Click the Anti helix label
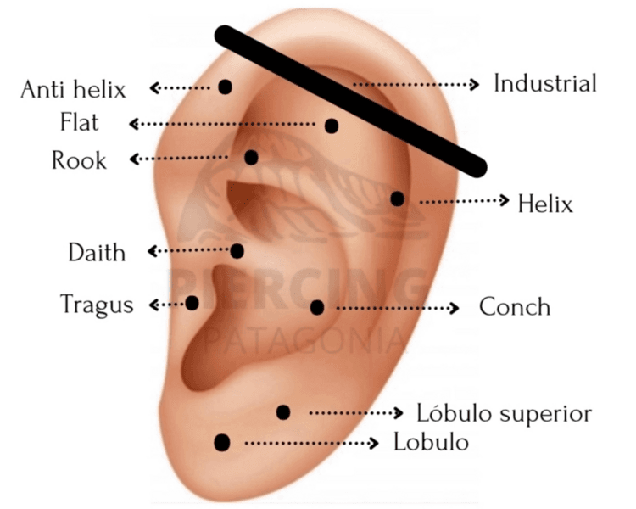pos(73,89)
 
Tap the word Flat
pos(79,123)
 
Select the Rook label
pos(79,160)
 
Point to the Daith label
pos(97,253)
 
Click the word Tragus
pos(97,304)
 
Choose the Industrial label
pos(545,84)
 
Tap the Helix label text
pos(545,204)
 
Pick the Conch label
pos(515,306)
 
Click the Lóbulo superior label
pos(504,413)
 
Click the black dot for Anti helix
pos(225,87)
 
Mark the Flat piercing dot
pos(332,126)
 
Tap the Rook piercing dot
pos(251,157)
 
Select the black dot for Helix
pos(397,199)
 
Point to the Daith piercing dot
pos(237,251)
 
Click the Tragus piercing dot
pos(192,303)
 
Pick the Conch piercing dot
pos(317,307)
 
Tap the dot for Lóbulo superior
pos(283,412)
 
